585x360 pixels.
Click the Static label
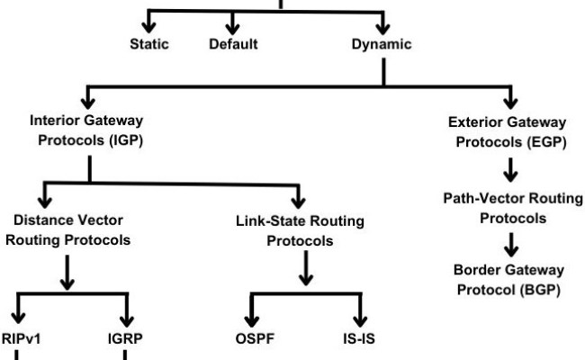tap(148, 43)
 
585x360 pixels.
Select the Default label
tap(233, 43)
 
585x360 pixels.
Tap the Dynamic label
tap(382, 43)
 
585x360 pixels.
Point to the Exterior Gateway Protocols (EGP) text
tap(508, 130)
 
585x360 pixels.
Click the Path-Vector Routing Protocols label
tap(508, 208)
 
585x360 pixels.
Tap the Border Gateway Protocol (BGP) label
tap(508, 279)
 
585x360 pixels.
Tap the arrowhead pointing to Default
tap(233, 22)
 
